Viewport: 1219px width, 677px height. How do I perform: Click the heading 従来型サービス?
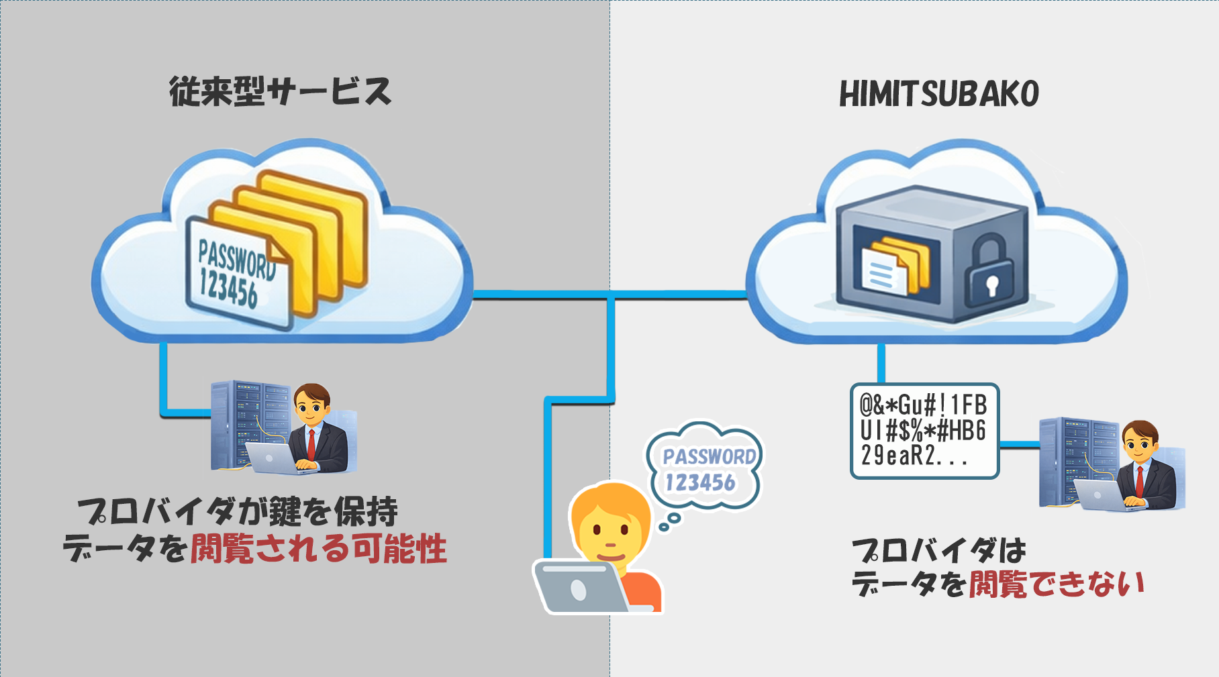point(280,92)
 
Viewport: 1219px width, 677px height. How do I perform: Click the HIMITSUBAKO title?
point(938,94)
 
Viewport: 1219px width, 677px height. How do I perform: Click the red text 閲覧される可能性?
point(318,549)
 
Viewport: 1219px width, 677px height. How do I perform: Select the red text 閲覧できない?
point(1056,584)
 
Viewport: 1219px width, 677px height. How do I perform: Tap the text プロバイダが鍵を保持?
point(238,512)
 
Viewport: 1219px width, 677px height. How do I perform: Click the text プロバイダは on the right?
point(938,551)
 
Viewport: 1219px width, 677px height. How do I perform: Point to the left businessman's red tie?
point(311,443)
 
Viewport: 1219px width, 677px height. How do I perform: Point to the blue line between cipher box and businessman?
point(1019,445)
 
